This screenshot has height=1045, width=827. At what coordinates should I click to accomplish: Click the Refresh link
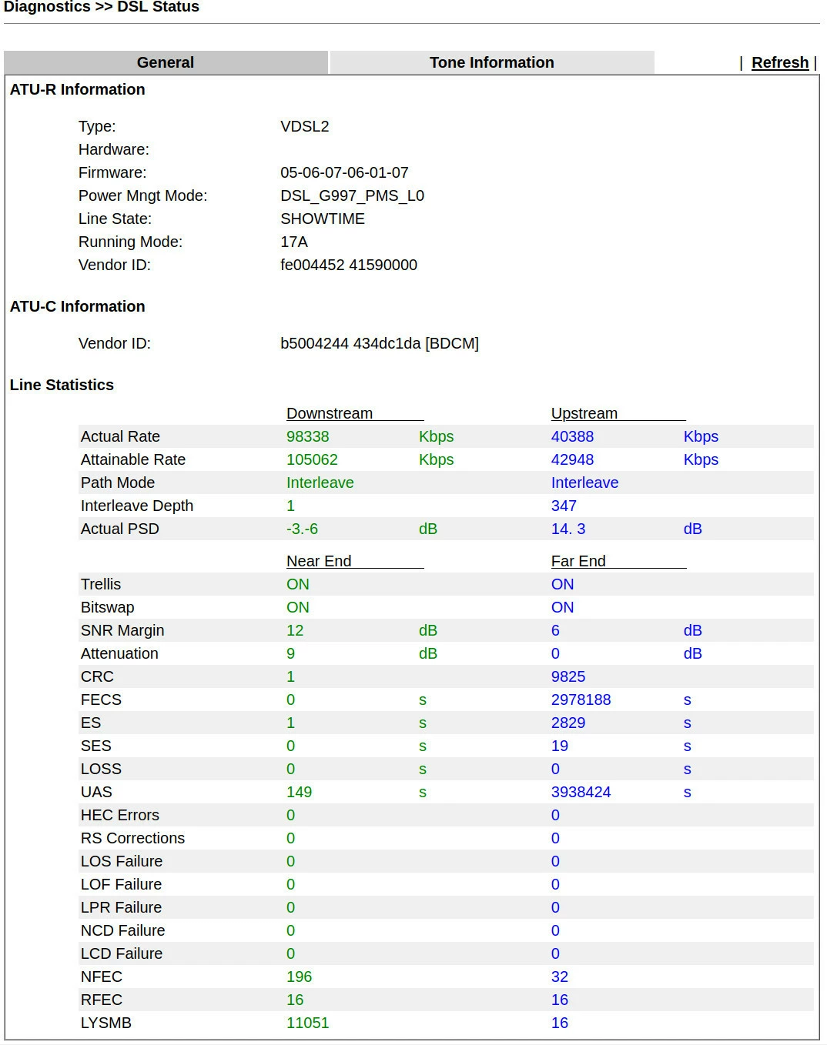[779, 63]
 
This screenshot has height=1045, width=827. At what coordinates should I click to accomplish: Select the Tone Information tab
[491, 63]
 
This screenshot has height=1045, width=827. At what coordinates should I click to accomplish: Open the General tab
[166, 63]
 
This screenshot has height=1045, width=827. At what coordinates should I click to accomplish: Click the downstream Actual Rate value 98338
[307, 437]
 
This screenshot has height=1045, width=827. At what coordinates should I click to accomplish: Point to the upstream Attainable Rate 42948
[572, 460]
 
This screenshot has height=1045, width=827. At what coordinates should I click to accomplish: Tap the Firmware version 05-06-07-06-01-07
[344, 173]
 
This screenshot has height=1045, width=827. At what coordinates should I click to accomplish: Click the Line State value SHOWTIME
[322, 219]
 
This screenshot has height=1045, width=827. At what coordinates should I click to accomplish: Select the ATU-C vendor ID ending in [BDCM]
[379, 344]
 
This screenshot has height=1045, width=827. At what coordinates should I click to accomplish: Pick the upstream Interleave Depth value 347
[564, 506]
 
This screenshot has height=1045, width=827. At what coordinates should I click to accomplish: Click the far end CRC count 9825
[568, 677]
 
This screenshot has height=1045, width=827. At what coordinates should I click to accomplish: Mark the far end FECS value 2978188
[581, 700]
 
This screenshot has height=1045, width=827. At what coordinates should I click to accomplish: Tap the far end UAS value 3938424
[581, 793]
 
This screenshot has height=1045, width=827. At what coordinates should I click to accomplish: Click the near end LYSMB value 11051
[307, 1023]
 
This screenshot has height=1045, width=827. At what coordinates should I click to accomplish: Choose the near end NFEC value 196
[299, 977]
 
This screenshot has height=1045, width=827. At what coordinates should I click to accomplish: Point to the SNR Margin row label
[122, 631]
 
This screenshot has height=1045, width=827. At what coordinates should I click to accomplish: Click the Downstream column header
[330, 414]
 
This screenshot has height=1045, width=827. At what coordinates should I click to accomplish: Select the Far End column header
[578, 562]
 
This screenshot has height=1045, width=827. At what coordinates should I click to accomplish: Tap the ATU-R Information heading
[77, 90]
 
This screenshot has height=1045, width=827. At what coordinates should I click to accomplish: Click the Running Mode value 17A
[293, 242]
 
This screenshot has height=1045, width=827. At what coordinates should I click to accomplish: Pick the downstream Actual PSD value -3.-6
[302, 529]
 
